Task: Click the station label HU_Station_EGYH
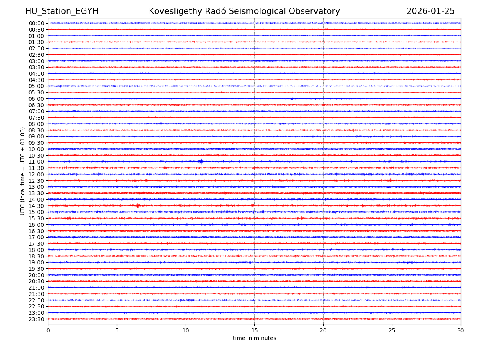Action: pyautogui.click(x=62, y=11)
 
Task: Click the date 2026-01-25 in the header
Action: pyautogui.click(x=430, y=11)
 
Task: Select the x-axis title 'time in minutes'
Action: pyautogui.click(x=254, y=338)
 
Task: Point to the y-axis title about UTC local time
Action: pyautogui.click(x=23, y=171)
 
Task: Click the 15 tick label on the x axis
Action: pyautogui.click(x=254, y=331)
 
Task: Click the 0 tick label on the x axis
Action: pyautogui.click(x=48, y=331)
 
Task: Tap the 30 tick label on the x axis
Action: pyautogui.click(x=461, y=331)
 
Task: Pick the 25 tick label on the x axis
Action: pyautogui.click(x=392, y=331)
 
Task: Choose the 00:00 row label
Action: pyautogui.click(x=36, y=23)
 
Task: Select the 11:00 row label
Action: pyautogui.click(x=36, y=162)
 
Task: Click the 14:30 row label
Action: pyautogui.click(x=36, y=206)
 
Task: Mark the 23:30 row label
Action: pyautogui.click(x=36, y=319)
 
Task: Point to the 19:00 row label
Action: pyautogui.click(x=36, y=262)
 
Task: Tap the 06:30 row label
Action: pyautogui.click(x=36, y=105)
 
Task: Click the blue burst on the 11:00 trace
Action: pyautogui.click(x=200, y=162)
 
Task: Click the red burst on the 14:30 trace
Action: pyautogui.click(x=138, y=206)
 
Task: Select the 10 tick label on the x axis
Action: pyautogui.click(x=186, y=331)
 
